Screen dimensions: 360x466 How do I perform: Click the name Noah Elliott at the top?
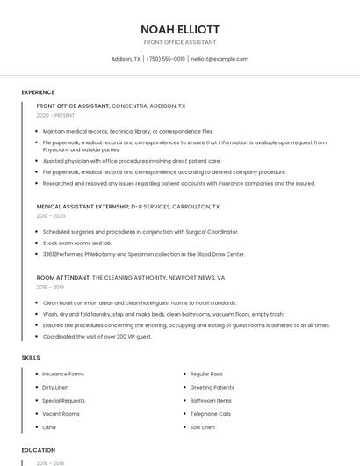tap(180, 29)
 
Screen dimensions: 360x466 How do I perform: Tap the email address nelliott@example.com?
tap(220, 59)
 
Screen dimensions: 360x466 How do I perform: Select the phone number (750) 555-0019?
tap(165, 59)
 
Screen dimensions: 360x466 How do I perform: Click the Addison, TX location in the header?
tap(126, 59)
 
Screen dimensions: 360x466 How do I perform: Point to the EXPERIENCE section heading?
tap(38, 92)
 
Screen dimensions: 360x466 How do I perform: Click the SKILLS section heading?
tap(31, 358)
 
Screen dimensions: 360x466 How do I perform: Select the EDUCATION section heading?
tap(38, 450)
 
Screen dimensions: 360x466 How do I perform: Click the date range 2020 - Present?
tap(55, 115)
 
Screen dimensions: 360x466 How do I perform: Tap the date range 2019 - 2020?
tap(51, 216)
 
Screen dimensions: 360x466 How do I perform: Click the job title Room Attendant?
tap(62, 277)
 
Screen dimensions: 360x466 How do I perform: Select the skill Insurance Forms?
tap(63, 374)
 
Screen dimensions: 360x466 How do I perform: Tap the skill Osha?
tap(49, 427)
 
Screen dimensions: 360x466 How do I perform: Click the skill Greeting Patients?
tap(212, 387)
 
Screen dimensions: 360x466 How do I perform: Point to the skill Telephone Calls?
tap(210, 413)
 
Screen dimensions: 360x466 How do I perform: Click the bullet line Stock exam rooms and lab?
tap(77, 243)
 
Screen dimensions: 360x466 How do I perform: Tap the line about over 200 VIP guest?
tap(97, 337)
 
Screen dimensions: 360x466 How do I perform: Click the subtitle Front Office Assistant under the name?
tap(180, 42)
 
